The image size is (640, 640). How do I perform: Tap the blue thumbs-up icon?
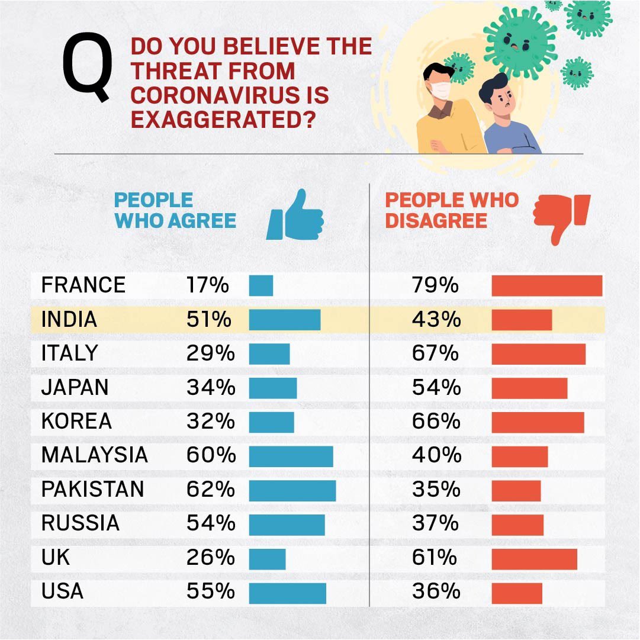click(x=295, y=216)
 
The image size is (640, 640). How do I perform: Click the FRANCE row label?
click(x=83, y=285)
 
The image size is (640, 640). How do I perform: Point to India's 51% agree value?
click(x=208, y=320)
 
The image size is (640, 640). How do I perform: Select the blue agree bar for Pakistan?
click(x=292, y=490)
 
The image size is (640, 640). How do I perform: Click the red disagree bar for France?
click(x=546, y=285)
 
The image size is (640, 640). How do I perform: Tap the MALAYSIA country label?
click(x=94, y=455)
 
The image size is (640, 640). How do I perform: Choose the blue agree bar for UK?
click(x=267, y=558)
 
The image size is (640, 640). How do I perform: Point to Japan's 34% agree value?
click(x=210, y=388)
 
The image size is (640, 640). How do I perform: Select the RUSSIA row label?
click(x=81, y=523)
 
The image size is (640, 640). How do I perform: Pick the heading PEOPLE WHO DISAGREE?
click(x=451, y=210)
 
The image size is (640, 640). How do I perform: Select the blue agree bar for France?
click(x=260, y=285)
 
